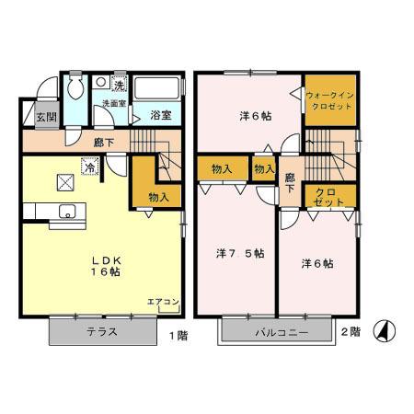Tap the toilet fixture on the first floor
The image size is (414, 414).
[x=76, y=87]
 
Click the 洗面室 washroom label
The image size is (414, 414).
[x=113, y=104]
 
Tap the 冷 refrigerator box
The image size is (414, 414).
[x=90, y=167]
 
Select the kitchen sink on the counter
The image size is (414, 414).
[x=68, y=213]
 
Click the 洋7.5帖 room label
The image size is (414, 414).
[x=241, y=253]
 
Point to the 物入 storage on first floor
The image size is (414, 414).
[x=158, y=197]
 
